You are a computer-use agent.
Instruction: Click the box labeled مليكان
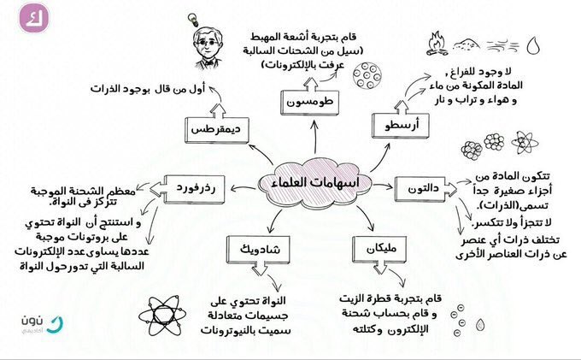tap(379, 249)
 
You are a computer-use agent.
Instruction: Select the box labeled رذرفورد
tap(191, 184)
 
